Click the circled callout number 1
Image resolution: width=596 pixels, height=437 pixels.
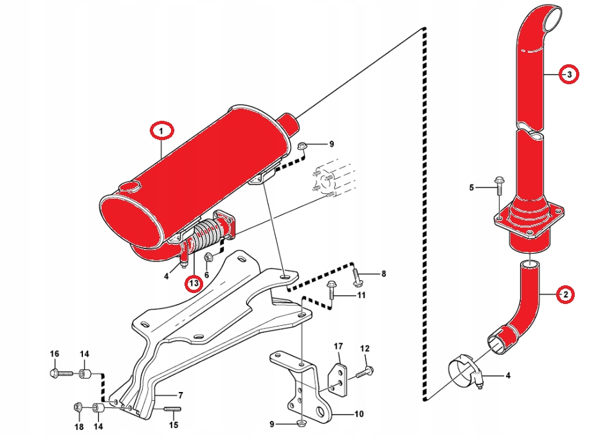tap(162, 131)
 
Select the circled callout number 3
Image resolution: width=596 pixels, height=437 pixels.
tap(568, 75)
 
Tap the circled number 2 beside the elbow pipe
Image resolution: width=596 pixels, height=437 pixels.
tap(565, 294)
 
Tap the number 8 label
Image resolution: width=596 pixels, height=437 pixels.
tap(384, 274)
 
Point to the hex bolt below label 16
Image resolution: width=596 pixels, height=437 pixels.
tap(55, 372)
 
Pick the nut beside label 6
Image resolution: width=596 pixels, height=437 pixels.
tap(209, 258)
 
